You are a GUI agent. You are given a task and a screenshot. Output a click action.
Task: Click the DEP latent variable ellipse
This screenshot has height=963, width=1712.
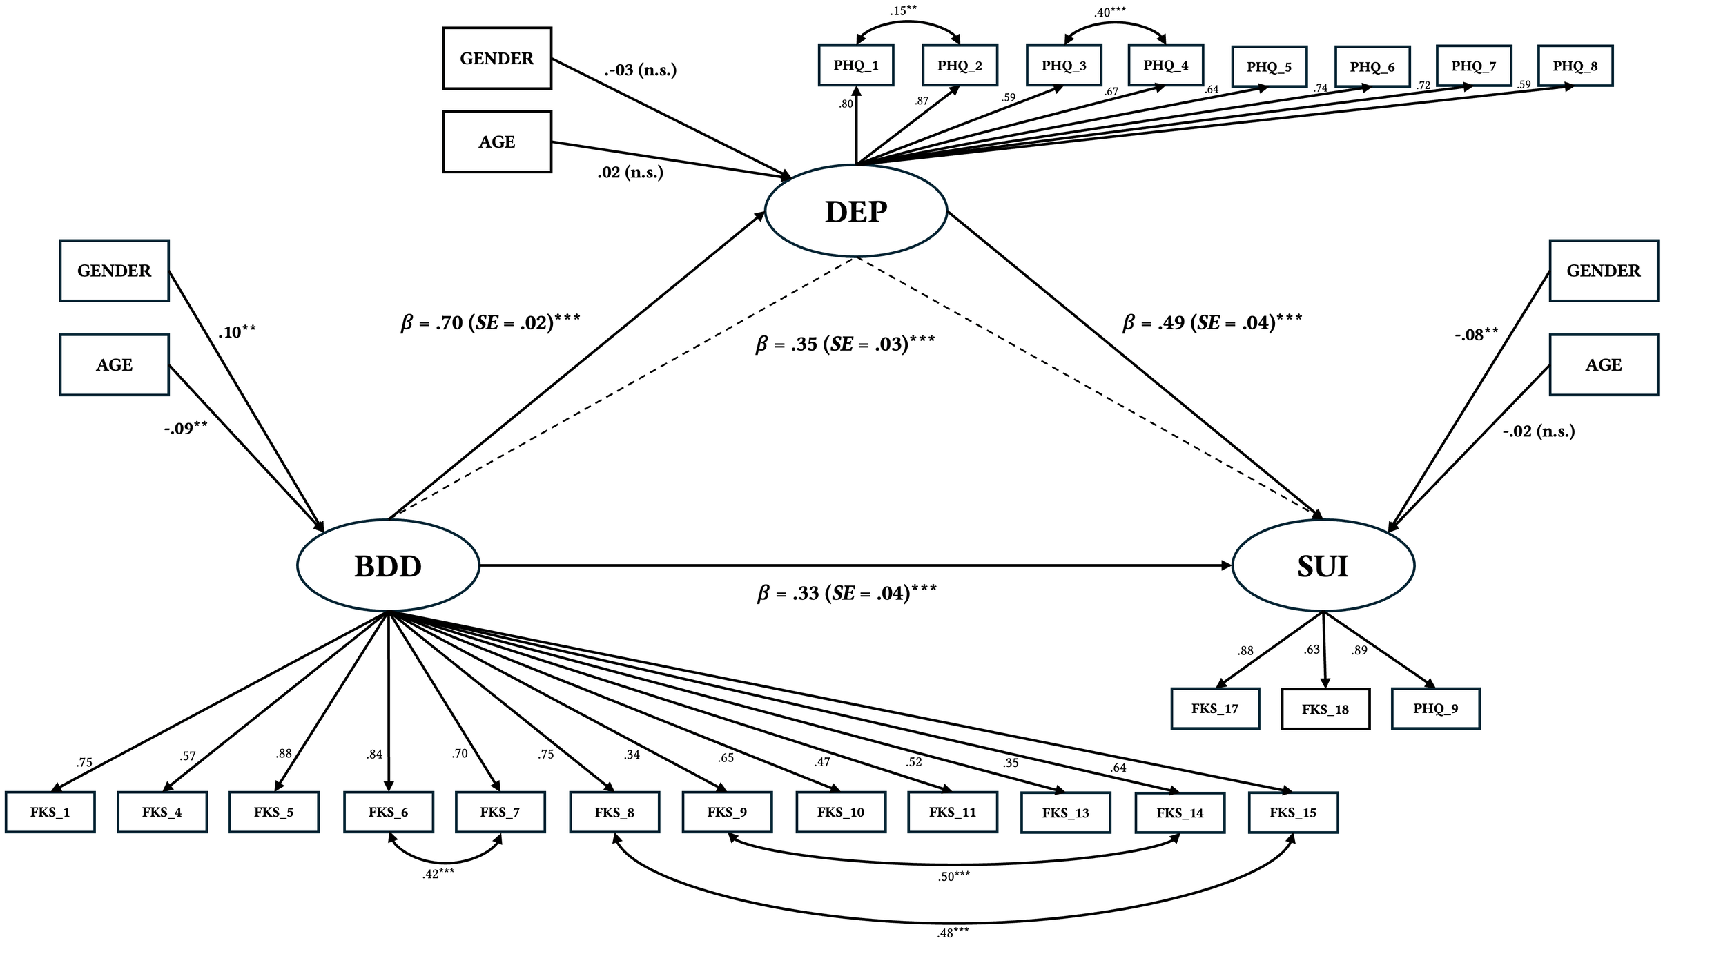click(x=856, y=211)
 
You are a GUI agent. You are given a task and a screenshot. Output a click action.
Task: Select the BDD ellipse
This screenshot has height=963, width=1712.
click(x=388, y=566)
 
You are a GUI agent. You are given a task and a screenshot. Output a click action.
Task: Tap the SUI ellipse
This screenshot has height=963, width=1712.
click(x=1323, y=566)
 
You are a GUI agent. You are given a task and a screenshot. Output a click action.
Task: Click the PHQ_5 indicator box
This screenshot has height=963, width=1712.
click(x=1270, y=67)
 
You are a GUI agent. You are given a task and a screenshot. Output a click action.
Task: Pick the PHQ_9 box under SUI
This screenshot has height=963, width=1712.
click(x=1436, y=708)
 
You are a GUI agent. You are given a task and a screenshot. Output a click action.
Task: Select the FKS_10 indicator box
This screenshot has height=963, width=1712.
click(x=841, y=813)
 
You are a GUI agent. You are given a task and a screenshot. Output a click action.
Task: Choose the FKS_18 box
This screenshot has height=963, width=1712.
click(x=1325, y=709)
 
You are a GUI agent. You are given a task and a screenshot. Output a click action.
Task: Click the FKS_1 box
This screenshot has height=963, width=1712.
click(x=50, y=813)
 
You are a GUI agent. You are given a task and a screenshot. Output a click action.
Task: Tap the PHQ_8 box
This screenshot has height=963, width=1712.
click(x=1575, y=66)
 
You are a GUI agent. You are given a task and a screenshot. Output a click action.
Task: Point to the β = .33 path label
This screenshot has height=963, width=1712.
click(x=847, y=593)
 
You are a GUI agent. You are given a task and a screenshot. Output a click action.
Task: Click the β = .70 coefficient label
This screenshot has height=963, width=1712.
click(x=490, y=322)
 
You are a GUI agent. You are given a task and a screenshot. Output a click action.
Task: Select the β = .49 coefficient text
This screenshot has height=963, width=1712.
click(x=1212, y=322)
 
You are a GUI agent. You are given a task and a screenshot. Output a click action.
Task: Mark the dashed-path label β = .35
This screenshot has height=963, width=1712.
click(x=845, y=344)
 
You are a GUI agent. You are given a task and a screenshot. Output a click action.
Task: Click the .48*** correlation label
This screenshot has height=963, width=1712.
click(x=953, y=933)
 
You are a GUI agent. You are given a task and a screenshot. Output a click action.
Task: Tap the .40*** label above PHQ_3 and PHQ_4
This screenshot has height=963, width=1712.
click(x=1109, y=12)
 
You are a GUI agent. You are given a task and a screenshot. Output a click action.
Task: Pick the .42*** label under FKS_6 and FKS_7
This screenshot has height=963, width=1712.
click(x=438, y=874)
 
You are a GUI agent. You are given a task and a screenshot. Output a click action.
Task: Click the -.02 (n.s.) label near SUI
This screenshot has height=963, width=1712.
click(x=1539, y=431)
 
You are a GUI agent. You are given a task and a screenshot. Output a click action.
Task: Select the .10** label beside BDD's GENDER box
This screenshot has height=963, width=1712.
click(x=237, y=332)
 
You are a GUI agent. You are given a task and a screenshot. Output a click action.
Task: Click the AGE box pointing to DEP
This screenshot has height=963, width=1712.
click(x=497, y=142)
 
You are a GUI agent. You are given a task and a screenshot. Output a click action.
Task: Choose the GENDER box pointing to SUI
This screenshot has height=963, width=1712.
click(x=1604, y=271)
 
